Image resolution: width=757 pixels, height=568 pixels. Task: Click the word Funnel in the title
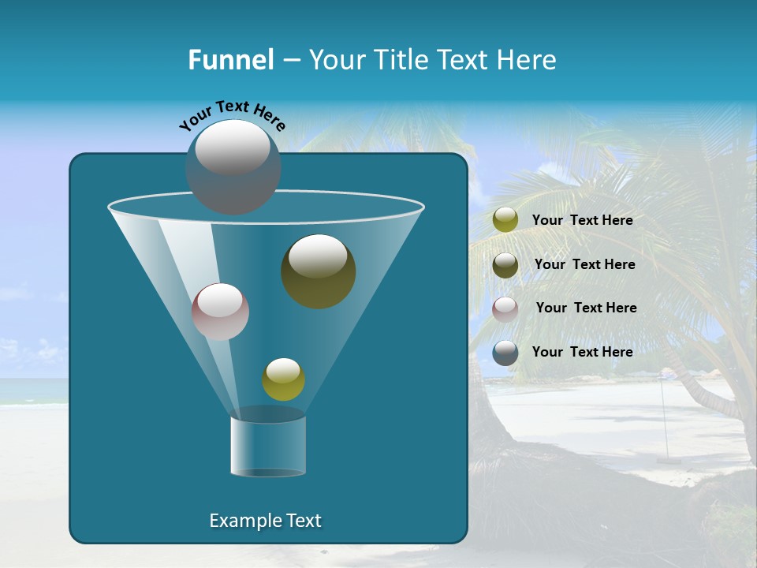tap(230, 60)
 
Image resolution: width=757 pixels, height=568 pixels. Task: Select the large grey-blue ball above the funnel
tap(233, 167)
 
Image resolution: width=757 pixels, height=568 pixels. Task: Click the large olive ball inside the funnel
tap(318, 271)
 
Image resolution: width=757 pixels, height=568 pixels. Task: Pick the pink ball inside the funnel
tap(221, 312)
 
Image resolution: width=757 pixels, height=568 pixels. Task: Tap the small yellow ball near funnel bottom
tap(283, 379)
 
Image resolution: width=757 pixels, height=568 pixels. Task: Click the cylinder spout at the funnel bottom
tap(268, 446)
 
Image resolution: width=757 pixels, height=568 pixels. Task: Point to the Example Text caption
tap(266, 521)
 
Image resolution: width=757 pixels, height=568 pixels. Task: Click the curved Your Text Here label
tap(233, 115)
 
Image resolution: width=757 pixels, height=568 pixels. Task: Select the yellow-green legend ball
tap(505, 220)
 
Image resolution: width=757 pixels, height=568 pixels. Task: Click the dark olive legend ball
tap(505, 265)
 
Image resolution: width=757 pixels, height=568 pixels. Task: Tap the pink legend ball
tap(505, 308)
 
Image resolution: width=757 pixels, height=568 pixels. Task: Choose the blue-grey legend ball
tap(505, 353)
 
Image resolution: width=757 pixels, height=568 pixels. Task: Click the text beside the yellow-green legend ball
tap(582, 221)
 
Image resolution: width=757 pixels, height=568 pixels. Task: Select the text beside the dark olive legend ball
tap(584, 265)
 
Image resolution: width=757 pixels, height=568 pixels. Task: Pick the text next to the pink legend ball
tap(586, 308)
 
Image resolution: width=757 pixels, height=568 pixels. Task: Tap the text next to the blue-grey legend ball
tap(582, 352)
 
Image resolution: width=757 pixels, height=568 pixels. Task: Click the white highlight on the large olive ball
tap(318, 256)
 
